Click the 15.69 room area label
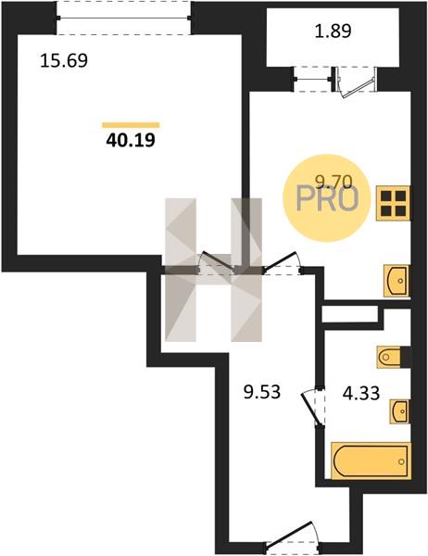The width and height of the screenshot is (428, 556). [64, 60]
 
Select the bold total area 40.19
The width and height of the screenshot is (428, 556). [131, 141]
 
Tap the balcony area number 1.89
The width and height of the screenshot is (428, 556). [333, 31]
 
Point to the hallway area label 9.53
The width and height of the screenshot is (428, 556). [262, 392]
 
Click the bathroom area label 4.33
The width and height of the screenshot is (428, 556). [361, 393]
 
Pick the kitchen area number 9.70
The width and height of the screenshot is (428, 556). [334, 183]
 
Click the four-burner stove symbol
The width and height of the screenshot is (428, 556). [393, 203]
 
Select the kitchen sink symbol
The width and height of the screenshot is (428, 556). [397, 281]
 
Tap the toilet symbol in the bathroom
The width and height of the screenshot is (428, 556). [392, 357]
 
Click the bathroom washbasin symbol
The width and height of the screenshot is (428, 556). [400, 411]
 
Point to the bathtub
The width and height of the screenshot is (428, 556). [371, 461]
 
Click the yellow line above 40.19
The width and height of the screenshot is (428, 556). [131, 124]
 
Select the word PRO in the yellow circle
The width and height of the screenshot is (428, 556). [327, 199]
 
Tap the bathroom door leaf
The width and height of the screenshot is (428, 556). [311, 408]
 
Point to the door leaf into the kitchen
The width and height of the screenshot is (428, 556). [280, 260]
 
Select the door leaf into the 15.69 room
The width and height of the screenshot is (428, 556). [218, 261]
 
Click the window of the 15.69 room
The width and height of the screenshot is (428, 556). [124, 18]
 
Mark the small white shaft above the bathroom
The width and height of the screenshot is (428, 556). [349, 314]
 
